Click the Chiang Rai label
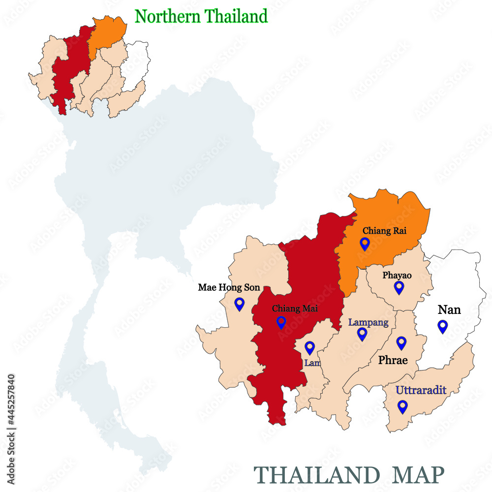[384, 230]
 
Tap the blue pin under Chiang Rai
[365, 244]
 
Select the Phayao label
[397, 276]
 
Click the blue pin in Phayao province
[399, 287]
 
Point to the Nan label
[449, 309]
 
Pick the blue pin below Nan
[442, 326]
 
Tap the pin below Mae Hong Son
[240, 304]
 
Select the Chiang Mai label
[295, 309]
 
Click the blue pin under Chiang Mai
[281, 322]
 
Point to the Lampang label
[369, 323]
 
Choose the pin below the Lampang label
[363, 334]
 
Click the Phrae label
[393, 360]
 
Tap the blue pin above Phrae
[401, 343]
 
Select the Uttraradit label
[421, 391]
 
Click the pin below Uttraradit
[403, 406]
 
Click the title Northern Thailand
[201, 17]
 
